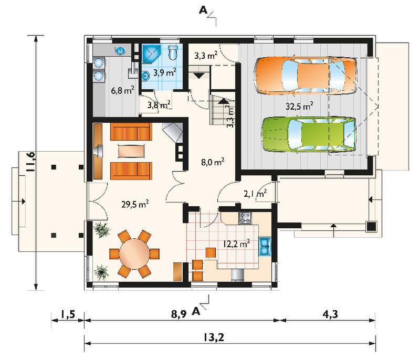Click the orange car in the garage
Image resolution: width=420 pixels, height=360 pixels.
tap(306, 75)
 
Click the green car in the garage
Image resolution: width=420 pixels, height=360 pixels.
tap(309, 134)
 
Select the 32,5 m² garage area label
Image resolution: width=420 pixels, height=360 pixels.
tap(299, 106)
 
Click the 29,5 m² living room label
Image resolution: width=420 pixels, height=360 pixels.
tap(135, 204)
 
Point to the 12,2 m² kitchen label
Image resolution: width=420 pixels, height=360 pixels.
tap(237, 244)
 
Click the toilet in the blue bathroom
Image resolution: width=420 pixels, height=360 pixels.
tap(173, 52)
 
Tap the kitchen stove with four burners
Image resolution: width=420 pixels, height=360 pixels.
tap(245, 217)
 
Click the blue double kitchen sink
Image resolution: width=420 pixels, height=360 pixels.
tap(265, 246)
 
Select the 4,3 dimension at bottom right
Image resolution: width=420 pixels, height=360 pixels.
tap(330, 314)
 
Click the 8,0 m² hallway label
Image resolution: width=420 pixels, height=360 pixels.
tap(213, 162)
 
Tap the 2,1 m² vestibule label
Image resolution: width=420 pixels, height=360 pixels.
tap(255, 193)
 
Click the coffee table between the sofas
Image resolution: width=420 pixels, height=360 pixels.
tap(131, 151)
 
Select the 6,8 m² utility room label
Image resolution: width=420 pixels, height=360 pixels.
tap(123, 90)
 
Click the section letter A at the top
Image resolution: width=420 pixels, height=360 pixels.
tap(203, 10)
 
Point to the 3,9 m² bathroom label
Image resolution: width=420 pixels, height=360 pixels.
tap(165, 72)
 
